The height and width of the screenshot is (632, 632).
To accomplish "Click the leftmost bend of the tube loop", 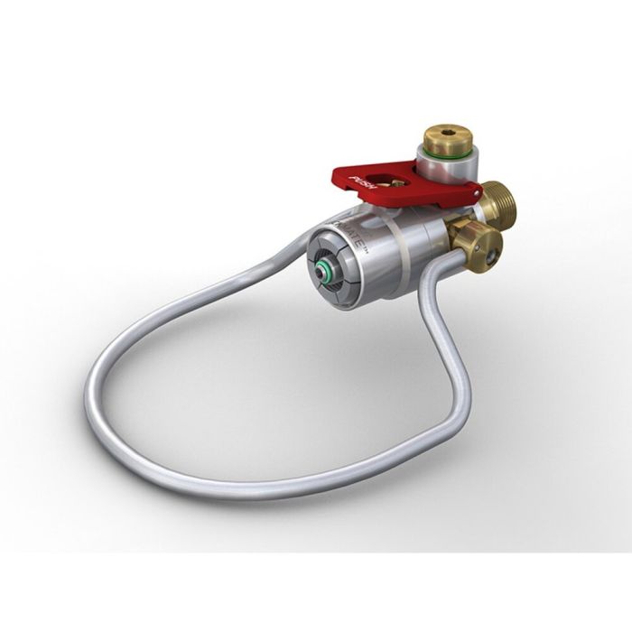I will (x=90, y=397).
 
